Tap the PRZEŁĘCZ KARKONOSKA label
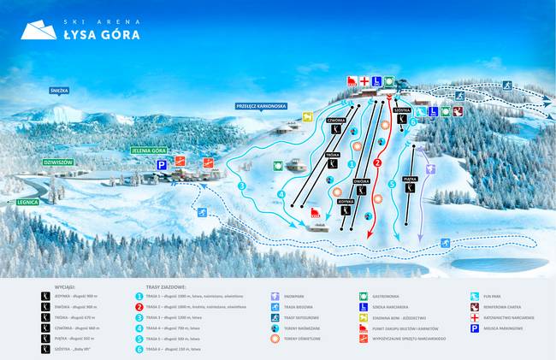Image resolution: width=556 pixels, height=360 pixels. pos(262,106)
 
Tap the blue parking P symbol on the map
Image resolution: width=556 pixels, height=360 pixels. pos(161,162)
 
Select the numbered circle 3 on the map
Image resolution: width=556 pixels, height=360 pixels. pos(242,185)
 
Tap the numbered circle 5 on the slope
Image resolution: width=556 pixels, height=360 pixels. pos(392,183)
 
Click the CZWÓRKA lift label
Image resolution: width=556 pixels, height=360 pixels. pos(336,121)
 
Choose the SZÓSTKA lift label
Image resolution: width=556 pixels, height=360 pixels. pos(404,110)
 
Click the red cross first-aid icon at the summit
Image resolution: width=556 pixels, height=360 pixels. pos(364,81)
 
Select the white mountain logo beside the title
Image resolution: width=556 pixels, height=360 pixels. pos(37,31)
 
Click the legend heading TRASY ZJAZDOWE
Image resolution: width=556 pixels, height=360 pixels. pos(167,288)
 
